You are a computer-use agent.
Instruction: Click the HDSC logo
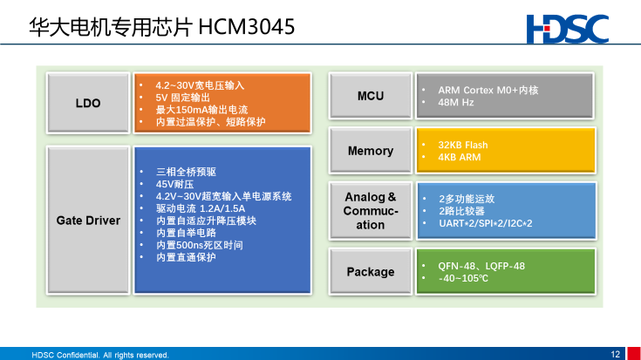coord(568,29)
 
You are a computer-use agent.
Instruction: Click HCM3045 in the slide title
coord(247,27)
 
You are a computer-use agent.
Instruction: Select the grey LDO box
coord(88,103)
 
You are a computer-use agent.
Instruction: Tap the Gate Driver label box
coord(88,221)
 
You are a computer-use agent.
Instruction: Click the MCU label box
coord(371,96)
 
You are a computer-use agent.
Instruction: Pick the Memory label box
coord(371,151)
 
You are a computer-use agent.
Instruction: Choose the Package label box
coord(371,272)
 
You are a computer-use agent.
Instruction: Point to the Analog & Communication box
coord(371,211)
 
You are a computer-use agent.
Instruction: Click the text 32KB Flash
coord(463,145)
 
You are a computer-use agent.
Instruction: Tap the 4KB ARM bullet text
coord(459,157)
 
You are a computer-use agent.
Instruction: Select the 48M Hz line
coord(456,103)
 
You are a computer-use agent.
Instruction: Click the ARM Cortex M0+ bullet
coord(488,91)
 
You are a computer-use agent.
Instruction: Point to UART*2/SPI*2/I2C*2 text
coord(486,223)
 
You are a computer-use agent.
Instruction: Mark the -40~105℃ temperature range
coord(463,278)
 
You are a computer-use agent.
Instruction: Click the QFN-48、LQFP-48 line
coord(481,266)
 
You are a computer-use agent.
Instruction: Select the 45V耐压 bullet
coord(174,184)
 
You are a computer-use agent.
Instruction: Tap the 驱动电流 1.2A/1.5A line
coord(201,208)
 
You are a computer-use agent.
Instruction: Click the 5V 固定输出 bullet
coord(182,98)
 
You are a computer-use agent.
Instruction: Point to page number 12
coord(615,354)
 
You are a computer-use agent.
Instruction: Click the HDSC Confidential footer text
coord(100,355)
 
